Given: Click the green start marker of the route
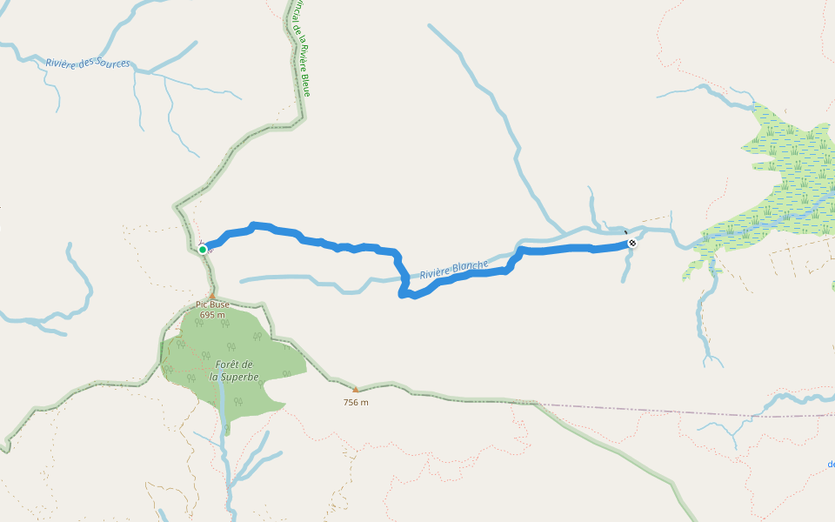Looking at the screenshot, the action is click(203, 249).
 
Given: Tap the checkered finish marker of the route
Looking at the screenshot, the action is click(632, 243).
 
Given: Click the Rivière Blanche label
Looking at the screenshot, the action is click(454, 270).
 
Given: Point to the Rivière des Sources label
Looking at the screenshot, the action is click(88, 63).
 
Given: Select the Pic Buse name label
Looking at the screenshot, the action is click(212, 304).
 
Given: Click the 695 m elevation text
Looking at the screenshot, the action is click(212, 315).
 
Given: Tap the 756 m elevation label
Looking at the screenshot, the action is click(355, 402).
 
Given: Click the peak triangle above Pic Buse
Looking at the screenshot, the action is click(211, 296).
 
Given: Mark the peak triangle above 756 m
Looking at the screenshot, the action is click(355, 390).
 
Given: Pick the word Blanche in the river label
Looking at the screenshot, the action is click(470, 266).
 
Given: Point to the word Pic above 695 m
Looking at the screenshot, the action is click(201, 304).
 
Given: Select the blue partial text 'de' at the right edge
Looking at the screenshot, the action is click(831, 464).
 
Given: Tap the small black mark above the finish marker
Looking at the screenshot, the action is click(625, 232).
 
